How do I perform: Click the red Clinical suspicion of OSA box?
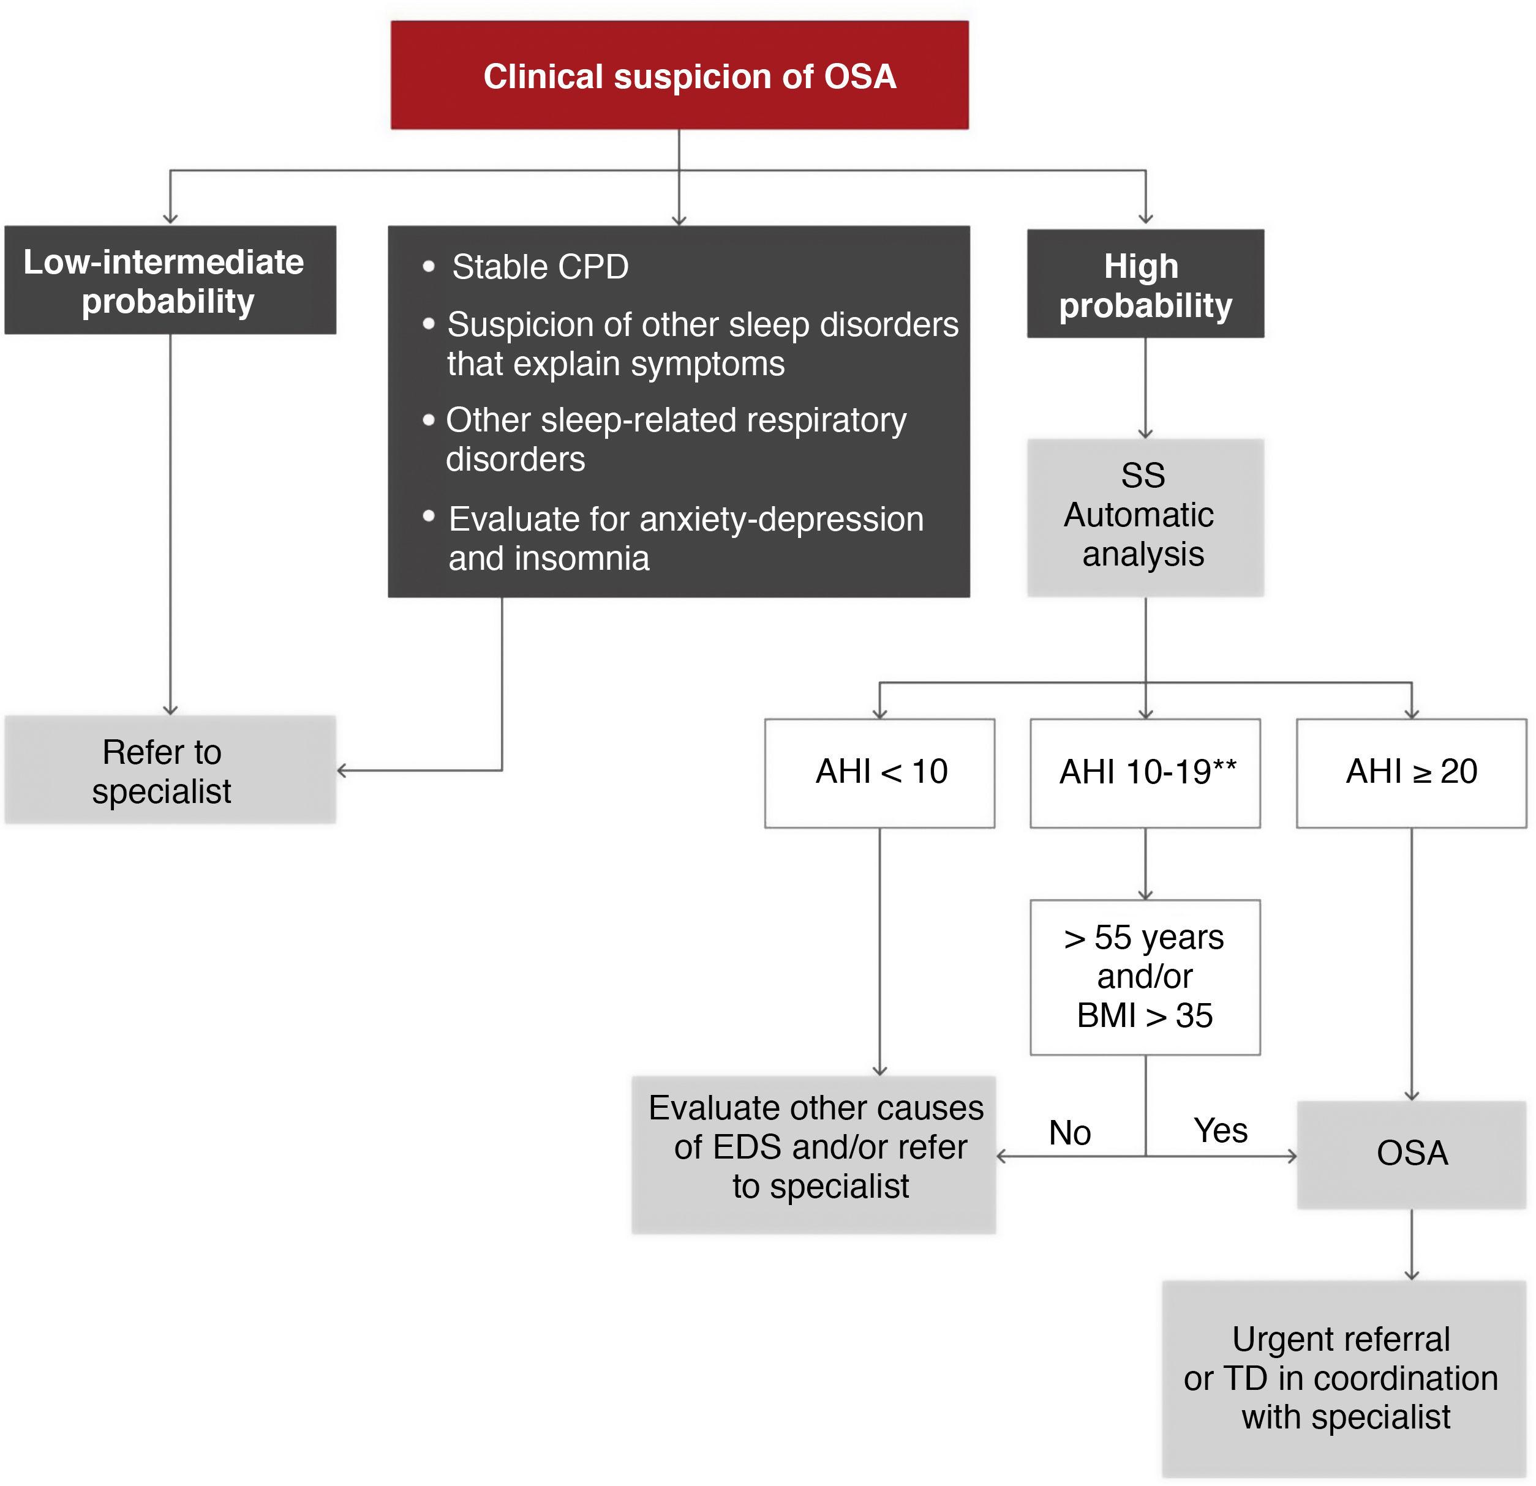coord(679,75)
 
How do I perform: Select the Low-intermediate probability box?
coord(170,280)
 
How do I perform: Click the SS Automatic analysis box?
coord(1145,517)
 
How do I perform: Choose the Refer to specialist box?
coord(170,770)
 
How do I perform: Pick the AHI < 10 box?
coord(879,772)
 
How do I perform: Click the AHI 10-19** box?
coord(1145,772)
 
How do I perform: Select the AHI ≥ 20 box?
coord(1412,772)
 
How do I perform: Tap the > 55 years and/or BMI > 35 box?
coord(1145,977)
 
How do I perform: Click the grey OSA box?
coord(1412,1154)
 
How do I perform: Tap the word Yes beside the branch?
coord(1220,1130)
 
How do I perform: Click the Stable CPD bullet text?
coord(540,267)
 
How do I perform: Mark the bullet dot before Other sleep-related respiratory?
coord(429,420)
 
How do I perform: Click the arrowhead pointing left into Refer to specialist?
coord(342,771)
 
